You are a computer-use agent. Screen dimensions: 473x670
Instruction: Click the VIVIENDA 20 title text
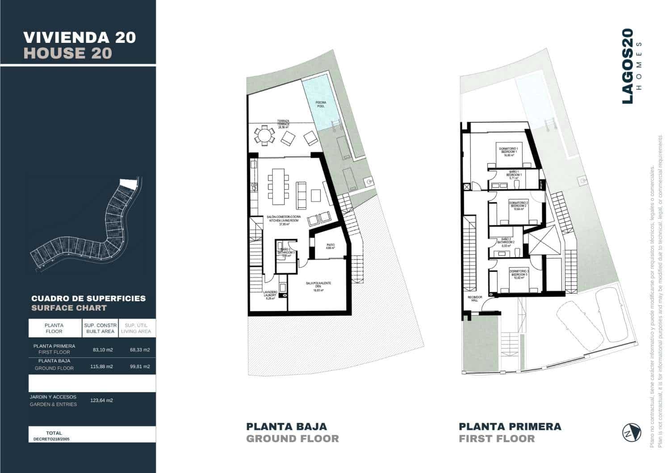coord(80,37)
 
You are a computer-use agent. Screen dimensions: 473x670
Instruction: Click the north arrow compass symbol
coord(632,432)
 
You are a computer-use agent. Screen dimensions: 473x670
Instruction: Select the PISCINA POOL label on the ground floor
coord(320,104)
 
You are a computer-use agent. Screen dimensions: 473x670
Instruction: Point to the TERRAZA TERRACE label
coord(283,124)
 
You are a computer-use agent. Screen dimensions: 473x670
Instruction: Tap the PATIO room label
coord(331,246)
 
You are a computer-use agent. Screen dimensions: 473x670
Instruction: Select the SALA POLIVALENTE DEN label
coord(318,286)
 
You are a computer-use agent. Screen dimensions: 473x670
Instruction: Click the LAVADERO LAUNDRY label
coord(270,295)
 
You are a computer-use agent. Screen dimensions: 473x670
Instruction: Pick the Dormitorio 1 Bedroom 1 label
coord(508,151)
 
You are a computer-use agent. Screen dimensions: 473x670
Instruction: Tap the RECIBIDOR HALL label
coord(473,299)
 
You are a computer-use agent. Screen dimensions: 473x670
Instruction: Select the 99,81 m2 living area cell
coord(140,366)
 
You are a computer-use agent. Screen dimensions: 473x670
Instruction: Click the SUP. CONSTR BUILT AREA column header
coord(100,328)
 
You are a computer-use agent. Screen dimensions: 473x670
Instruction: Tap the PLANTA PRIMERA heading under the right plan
coord(510,426)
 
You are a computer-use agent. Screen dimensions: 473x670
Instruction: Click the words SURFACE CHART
coord(69,308)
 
